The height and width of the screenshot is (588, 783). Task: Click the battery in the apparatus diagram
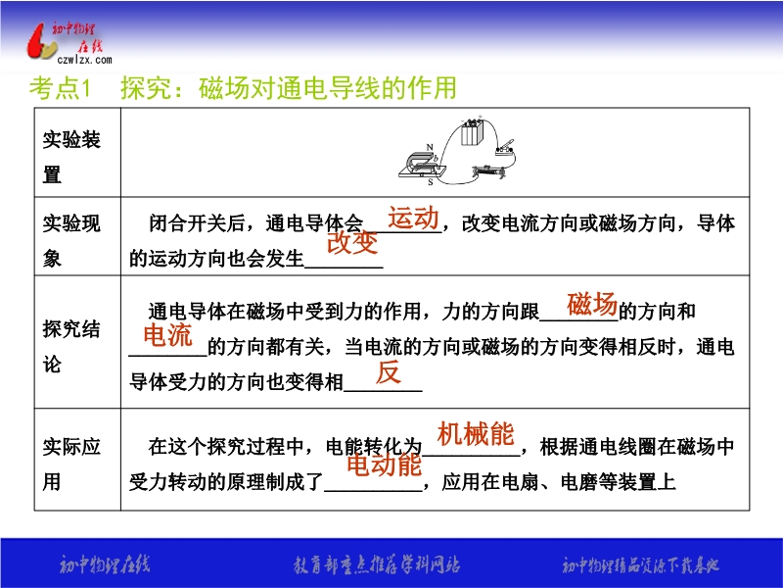(x=472, y=132)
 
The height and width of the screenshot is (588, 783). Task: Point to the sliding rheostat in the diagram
(x=488, y=172)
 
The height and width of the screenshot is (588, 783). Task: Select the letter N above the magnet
(x=430, y=147)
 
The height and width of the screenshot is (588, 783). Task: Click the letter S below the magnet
(x=431, y=182)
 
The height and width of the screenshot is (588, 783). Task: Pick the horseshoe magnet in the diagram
(x=422, y=165)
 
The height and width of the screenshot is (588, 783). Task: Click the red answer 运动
(x=413, y=218)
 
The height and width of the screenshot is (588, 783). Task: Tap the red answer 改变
(x=352, y=243)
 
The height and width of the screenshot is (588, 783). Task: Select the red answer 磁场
(x=592, y=304)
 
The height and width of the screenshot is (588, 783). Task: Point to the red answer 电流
(x=167, y=334)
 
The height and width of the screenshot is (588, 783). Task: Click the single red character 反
(x=388, y=372)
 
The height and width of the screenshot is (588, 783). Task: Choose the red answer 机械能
(x=476, y=433)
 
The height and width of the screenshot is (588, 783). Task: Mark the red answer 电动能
(x=384, y=465)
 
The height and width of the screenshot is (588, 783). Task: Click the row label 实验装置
(x=71, y=157)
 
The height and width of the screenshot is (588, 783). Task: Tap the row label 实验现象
(x=71, y=240)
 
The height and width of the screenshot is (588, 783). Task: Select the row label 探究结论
(x=71, y=347)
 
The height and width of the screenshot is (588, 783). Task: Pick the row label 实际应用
(x=71, y=464)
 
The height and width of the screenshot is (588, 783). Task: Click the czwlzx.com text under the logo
(x=84, y=60)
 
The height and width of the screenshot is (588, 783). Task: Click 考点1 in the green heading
(x=60, y=88)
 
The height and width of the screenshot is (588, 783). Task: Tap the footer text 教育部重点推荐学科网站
(x=377, y=565)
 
